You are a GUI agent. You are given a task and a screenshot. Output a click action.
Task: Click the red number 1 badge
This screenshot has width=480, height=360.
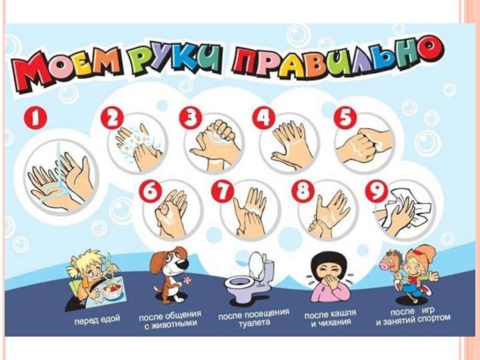35,118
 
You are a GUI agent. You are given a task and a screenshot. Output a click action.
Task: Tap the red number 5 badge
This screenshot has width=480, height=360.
345,118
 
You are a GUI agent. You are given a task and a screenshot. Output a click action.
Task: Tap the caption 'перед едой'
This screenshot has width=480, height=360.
97,320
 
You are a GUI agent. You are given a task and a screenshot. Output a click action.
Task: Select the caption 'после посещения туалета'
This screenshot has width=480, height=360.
254,317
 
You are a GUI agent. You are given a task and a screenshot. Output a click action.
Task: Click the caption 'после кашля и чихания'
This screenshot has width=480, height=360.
331,318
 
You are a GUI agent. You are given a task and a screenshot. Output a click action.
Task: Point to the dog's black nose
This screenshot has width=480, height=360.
182,265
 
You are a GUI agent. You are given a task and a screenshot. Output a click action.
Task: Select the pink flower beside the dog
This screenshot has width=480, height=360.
187,280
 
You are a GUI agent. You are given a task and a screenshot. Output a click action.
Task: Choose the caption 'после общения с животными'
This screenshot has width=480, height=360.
170,320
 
